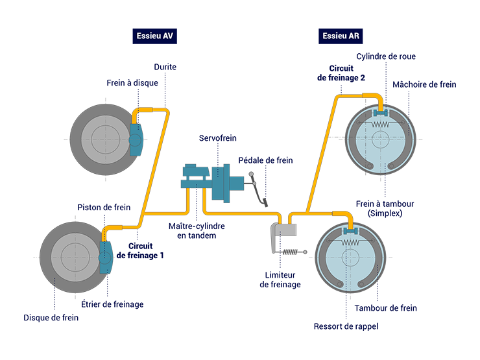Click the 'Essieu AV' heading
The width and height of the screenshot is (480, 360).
coord(154,36)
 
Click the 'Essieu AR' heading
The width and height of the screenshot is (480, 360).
coord(341,36)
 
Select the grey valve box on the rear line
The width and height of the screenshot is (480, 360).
coord(285,230)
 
